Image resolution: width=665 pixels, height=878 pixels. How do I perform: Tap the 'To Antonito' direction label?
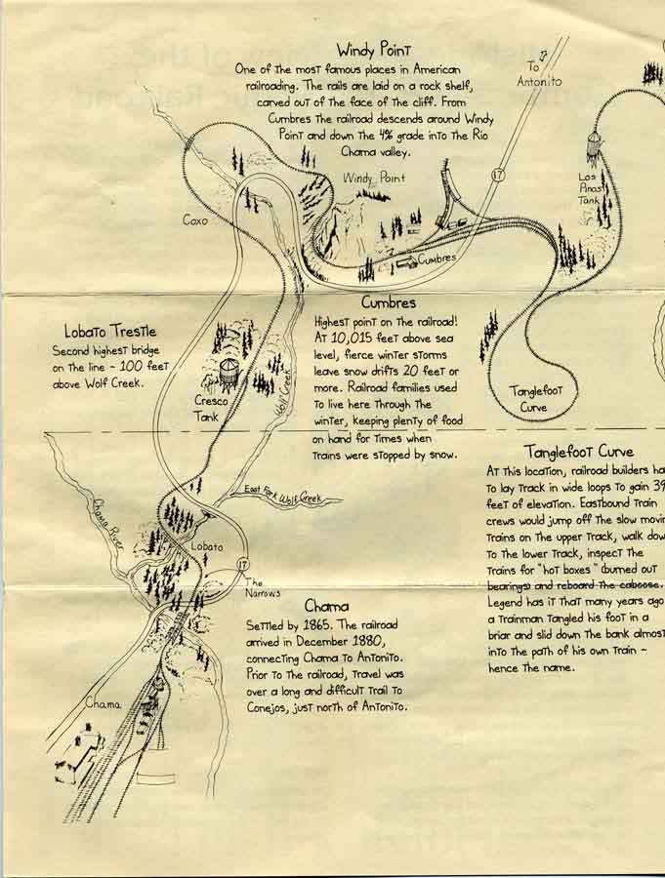(539, 75)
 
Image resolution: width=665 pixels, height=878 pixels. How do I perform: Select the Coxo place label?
(195, 220)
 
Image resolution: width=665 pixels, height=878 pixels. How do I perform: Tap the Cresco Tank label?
(212, 408)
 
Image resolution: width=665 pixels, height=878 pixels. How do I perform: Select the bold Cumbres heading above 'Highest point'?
(388, 302)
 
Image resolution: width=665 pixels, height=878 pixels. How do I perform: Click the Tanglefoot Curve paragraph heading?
(578, 452)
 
